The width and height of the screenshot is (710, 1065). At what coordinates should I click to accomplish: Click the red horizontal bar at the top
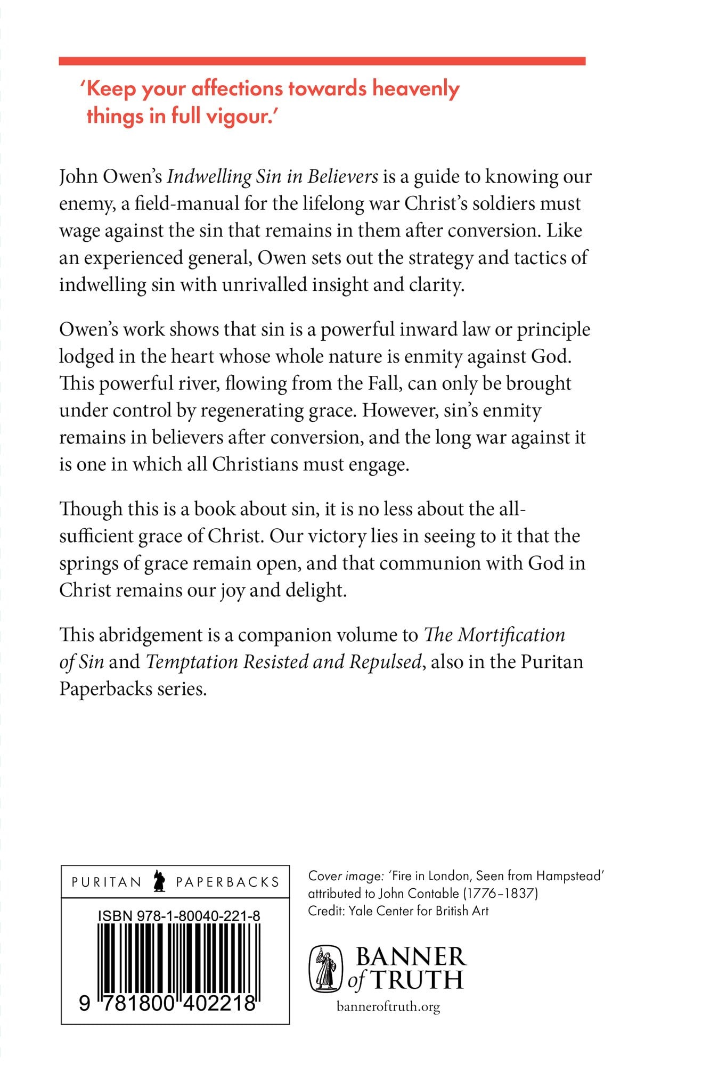tap(322, 61)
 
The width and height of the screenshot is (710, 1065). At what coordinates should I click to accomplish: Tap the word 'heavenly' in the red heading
tap(415, 88)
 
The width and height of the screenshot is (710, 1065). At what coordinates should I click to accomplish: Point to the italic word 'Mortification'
tap(511, 635)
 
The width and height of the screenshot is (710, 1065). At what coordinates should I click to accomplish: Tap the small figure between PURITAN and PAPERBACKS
tap(159, 881)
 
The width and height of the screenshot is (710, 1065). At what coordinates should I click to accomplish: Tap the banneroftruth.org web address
tap(388, 1006)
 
